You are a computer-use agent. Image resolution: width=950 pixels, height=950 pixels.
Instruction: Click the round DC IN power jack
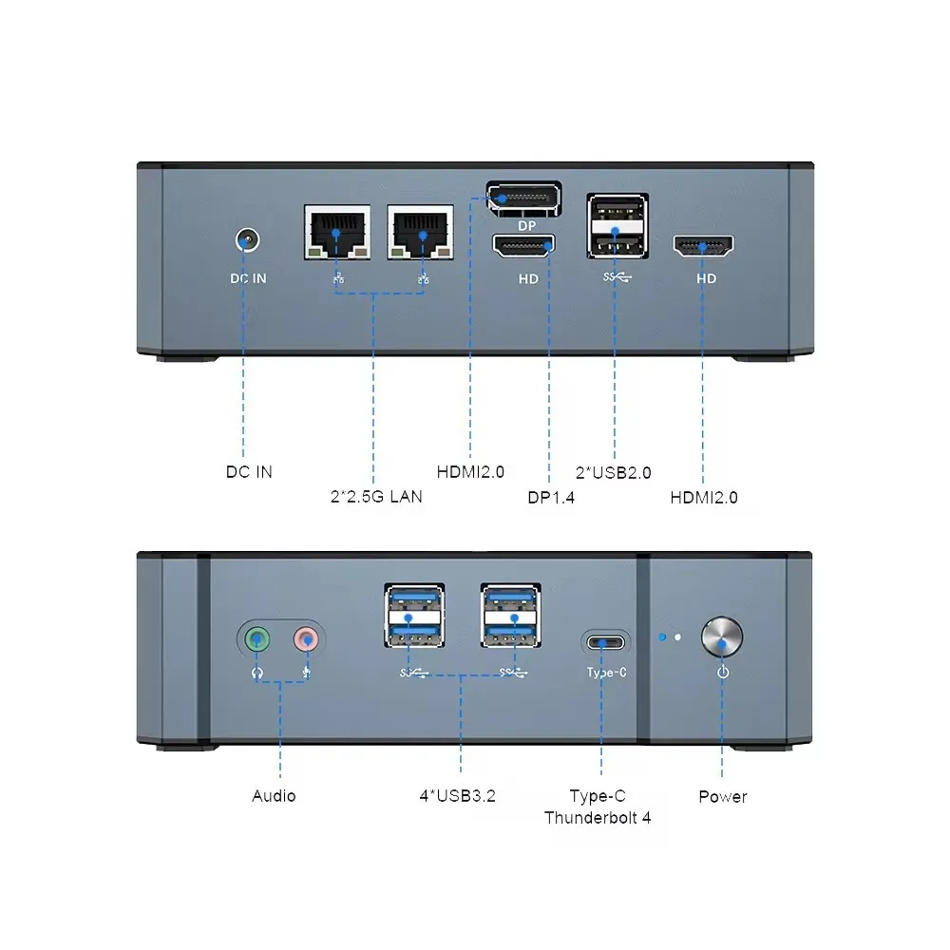tap(247, 240)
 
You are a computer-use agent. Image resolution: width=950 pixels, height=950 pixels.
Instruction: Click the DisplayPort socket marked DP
tap(523, 199)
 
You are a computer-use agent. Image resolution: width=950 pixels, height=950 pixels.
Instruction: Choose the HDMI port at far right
tap(704, 248)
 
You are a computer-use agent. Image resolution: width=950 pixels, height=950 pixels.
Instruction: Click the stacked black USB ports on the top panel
tap(617, 227)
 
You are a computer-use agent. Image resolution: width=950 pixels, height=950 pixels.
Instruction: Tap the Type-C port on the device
tap(605, 643)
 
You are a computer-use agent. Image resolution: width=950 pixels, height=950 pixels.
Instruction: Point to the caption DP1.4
tap(551, 496)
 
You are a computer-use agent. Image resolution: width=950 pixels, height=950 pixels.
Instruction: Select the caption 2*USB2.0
tap(614, 472)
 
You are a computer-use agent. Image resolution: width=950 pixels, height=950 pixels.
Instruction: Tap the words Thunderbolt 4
tap(598, 817)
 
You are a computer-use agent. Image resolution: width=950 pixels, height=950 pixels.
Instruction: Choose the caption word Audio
tap(274, 796)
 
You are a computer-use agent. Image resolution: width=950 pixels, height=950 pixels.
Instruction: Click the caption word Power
tap(722, 796)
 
